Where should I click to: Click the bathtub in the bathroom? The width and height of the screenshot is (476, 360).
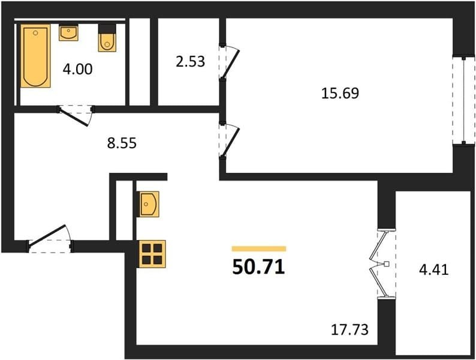coord(35,56)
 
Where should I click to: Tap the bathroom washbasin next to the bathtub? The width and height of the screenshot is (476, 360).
coord(68,33)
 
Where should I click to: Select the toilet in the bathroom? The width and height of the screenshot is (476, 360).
coord(107,38)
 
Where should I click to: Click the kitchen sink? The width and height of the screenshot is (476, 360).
coord(148,204)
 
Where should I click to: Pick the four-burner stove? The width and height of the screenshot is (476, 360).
coord(152,254)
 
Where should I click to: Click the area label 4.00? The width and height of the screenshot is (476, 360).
coord(78,69)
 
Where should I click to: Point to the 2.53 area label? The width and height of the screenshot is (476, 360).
coord(190,61)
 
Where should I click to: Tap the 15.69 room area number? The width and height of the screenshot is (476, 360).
coord(340,93)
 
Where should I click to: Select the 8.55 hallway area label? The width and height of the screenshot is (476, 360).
coord(122,143)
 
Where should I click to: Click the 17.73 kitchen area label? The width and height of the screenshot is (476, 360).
coord(350,329)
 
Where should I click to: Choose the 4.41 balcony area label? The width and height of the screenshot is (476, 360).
coord(434,269)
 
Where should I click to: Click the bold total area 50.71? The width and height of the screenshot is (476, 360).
coord(258,268)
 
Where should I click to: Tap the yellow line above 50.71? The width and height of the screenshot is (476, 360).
coord(259,249)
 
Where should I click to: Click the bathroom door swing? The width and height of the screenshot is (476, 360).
coord(76,115)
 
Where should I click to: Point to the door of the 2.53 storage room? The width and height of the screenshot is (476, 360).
coord(229,62)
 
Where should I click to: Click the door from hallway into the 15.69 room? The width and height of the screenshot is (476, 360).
coord(229,140)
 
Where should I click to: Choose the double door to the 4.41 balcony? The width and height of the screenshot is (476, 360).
coord(383,263)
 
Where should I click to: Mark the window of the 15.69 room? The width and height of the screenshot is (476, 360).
coord(463,100)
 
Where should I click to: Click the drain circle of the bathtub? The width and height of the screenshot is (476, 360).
coord(35,33)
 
